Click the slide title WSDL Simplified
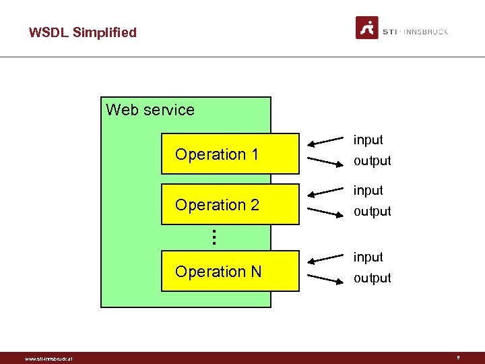pyautogui.click(x=82, y=32)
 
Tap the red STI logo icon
pyautogui.click(x=367, y=28)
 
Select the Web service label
pyautogui.click(x=150, y=110)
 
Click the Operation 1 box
pyautogui.click(x=230, y=154)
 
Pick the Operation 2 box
pyautogui.click(x=230, y=204)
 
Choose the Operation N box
pyautogui.click(x=230, y=272)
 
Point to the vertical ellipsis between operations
pyautogui.click(x=213, y=237)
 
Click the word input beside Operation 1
pyautogui.click(x=368, y=140)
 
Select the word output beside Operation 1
pyautogui.click(x=372, y=161)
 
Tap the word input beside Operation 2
pyautogui.click(x=368, y=190)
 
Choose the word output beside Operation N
pyautogui.click(x=372, y=278)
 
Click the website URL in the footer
pyautogui.click(x=48, y=359)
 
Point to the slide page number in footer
pyautogui.click(x=459, y=358)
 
